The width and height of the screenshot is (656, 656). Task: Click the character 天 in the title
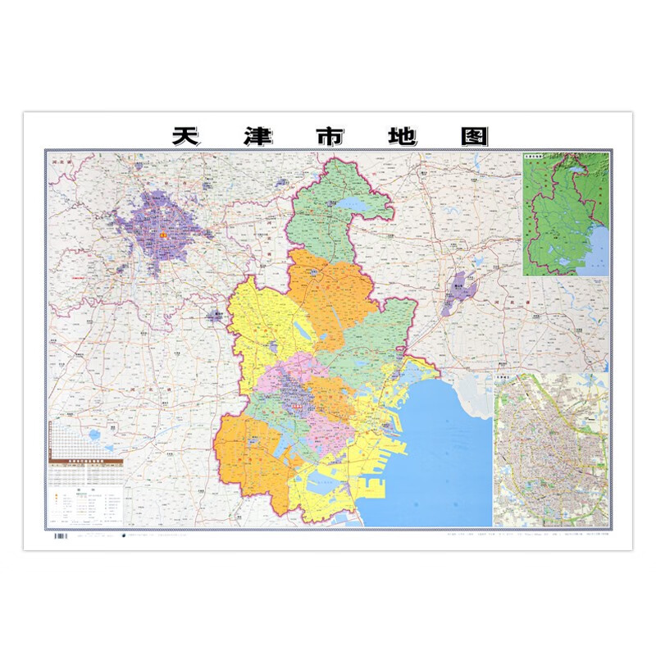[188, 135]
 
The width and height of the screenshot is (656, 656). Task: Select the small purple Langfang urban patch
[216, 315]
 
